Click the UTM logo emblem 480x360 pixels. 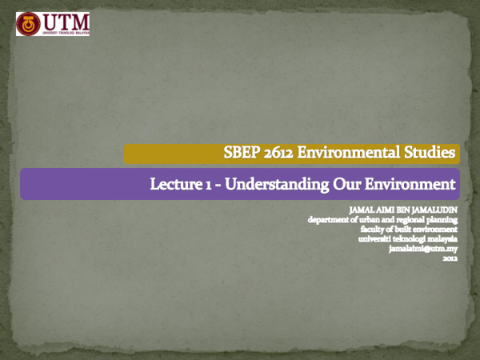click(x=30, y=24)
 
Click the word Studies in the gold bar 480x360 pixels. click(x=432, y=152)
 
